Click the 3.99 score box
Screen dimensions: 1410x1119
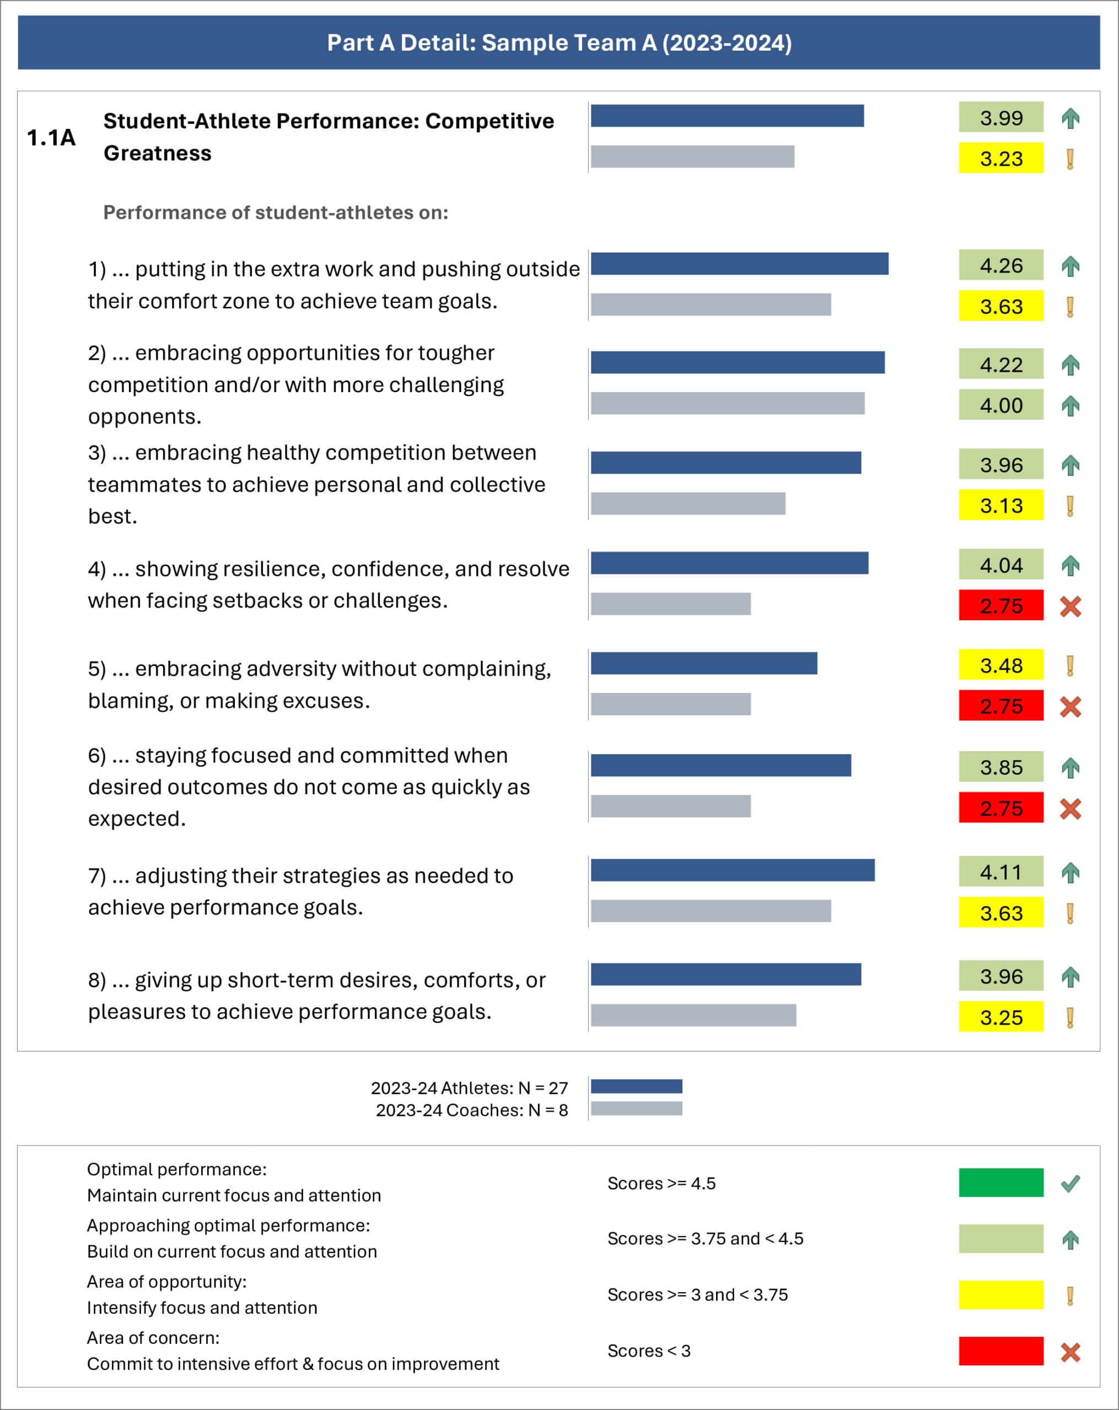point(1000,118)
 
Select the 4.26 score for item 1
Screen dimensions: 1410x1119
point(1000,265)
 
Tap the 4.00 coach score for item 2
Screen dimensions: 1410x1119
point(1000,405)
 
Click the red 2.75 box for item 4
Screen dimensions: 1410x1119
point(1000,606)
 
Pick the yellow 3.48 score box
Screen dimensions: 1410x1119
point(1000,666)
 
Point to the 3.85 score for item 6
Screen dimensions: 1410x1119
point(1000,767)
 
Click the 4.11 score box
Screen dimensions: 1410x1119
point(1000,872)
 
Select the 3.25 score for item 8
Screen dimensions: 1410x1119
point(1000,1017)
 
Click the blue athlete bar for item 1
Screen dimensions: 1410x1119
point(739,264)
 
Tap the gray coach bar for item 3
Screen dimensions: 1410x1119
point(688,504)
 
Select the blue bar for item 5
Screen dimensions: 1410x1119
point(703,664)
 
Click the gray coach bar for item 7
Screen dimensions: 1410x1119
point(711,911)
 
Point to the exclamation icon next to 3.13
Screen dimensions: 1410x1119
point(1070,506)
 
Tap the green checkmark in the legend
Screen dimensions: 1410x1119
point(1070,1184)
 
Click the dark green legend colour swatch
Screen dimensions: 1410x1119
point(1000,1183)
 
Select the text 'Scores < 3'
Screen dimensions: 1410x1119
point(648,1351)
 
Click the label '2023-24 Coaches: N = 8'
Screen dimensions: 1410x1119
point(471,1110)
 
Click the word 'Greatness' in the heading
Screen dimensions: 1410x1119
point(157,154)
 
